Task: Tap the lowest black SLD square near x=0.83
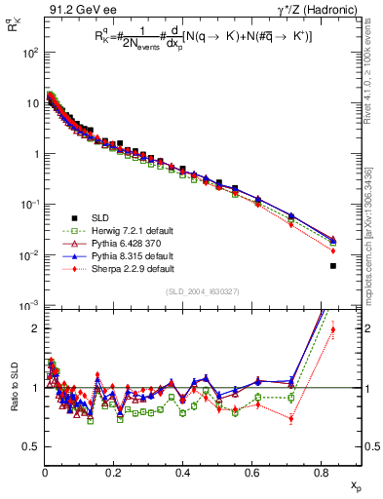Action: pyautogui.click(x=333, y=266)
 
